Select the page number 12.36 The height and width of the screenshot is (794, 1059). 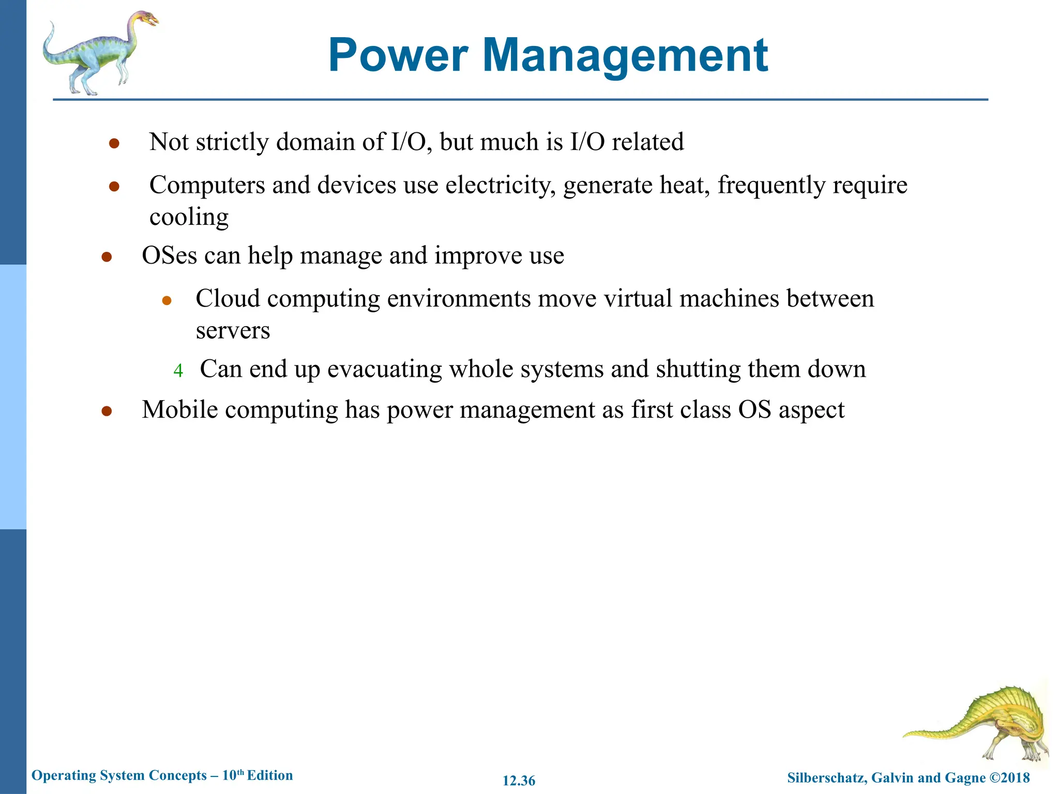[519, 781]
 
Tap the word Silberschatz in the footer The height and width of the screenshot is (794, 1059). [826, 777]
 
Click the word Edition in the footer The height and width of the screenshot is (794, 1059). [270, 775]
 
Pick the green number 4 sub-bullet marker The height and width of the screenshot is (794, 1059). [178, 371]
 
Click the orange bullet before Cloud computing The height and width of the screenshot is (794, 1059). [167, 300]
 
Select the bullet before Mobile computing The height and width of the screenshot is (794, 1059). [107, 411]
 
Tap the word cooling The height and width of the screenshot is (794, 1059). [189, 217]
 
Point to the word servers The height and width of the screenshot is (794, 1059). [233, 331]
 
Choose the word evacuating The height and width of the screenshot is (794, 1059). [384, 369]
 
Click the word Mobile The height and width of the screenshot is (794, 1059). [180, 409]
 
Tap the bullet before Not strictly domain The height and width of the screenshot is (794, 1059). [114, 143]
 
